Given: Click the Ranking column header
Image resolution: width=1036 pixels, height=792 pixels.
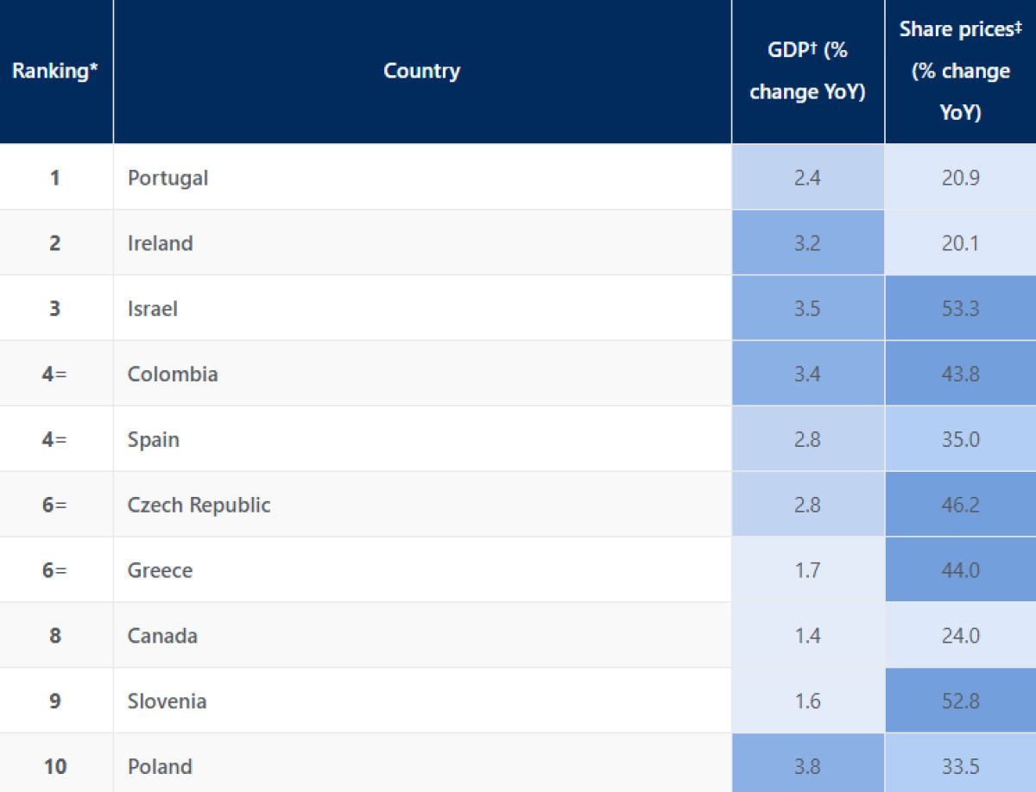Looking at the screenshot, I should click(55, 71).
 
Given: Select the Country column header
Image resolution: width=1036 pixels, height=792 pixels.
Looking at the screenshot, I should click(421, 71).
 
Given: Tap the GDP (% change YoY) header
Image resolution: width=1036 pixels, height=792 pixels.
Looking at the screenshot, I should click(807, 71).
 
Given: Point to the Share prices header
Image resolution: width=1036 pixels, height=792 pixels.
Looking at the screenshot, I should click(960, 71).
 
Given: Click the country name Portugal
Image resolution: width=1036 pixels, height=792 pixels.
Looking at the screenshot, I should click(168, 178).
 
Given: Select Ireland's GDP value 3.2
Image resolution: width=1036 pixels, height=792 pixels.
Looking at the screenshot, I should click(807, 243).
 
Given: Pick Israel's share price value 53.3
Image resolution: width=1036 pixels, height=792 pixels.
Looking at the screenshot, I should click(960, 308).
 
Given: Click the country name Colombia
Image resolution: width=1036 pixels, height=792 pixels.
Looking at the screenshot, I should click(173, 374).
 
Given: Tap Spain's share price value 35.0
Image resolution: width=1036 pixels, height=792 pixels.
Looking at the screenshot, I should click(960, 439).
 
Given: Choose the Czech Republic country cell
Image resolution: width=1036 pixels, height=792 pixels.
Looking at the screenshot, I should click(199, 505).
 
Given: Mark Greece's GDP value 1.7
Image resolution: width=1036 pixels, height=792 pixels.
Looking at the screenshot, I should click(807, 570).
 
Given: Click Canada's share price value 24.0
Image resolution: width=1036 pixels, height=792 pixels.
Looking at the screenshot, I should click(960, 636).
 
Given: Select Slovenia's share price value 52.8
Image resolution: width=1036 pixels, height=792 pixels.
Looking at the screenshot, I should click(960, 701).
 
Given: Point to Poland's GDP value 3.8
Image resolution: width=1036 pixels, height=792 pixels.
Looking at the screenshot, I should click(807, 766).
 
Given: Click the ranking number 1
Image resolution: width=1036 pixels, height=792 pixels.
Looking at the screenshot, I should click(55, 178).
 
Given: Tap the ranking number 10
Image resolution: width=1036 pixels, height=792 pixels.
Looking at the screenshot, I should click(55, 766).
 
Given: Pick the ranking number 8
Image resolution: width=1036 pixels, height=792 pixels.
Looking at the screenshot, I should click(55, 636).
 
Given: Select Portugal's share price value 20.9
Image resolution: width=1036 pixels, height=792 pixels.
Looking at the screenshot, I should click(960, 178).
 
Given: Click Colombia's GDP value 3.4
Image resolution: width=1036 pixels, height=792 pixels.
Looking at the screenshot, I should click(807, 374).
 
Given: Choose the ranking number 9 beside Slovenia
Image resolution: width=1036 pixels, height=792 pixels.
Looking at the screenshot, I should click(55, 701).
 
